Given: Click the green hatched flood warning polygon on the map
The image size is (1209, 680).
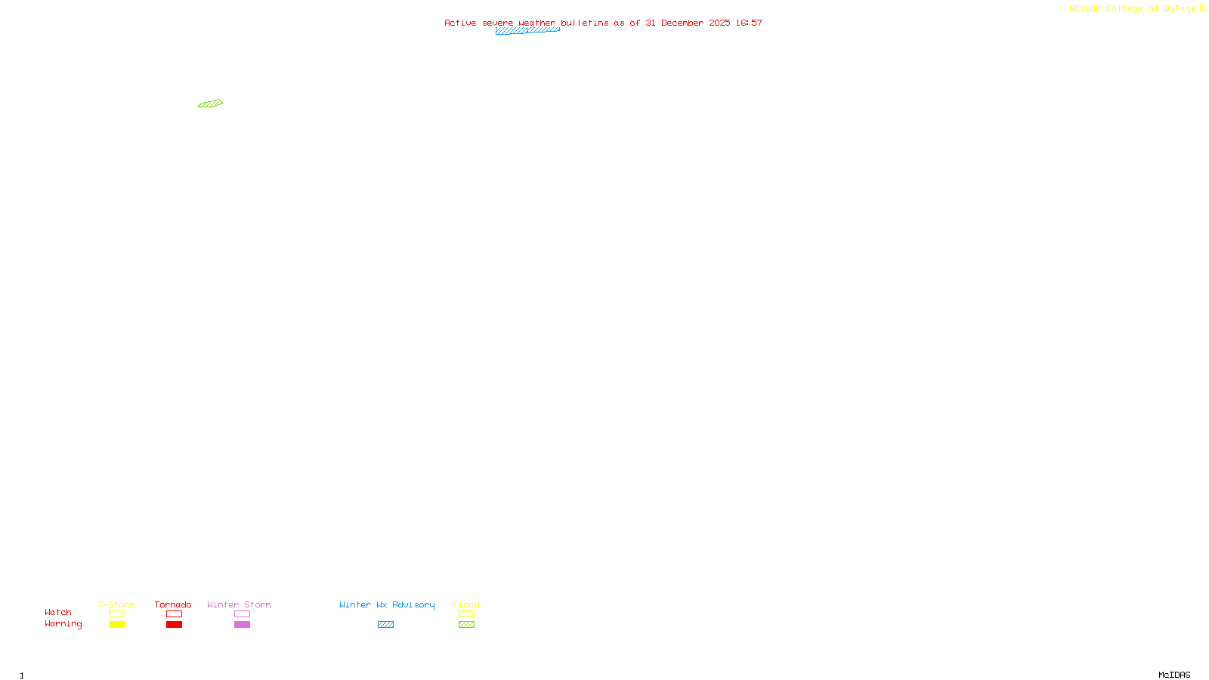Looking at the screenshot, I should tap(211, 104).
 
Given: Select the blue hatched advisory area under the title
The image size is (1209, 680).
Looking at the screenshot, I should tap(527, 31).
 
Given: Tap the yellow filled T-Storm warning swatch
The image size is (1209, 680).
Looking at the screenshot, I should tap(117, 625).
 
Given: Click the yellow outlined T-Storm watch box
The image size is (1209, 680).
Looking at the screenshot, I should tap(117, 614).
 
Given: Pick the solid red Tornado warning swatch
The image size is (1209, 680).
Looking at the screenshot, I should tap(174, 625).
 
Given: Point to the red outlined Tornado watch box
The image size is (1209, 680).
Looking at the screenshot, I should tap(174, 614).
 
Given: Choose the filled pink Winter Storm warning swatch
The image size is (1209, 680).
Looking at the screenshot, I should tap(242, 625).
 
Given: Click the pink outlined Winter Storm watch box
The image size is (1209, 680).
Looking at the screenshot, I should tap(242, 614).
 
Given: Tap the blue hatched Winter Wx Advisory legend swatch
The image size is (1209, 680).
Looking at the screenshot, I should tap(385, 625).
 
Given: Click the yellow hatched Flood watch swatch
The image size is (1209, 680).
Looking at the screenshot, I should tap(466, 614).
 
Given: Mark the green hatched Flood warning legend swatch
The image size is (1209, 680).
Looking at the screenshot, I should tap(466, 625).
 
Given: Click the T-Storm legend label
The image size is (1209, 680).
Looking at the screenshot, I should tap(116, 604).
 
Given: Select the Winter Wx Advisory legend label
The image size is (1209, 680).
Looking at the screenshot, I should tap(387, 604).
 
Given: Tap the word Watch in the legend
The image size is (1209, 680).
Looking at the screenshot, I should tap(58, 612).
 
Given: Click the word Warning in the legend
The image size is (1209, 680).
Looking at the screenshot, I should tap(63, 624).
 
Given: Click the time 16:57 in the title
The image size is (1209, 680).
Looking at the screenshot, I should tap(749, 23).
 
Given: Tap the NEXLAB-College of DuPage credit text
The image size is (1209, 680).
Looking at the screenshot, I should tap(1132, 8).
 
